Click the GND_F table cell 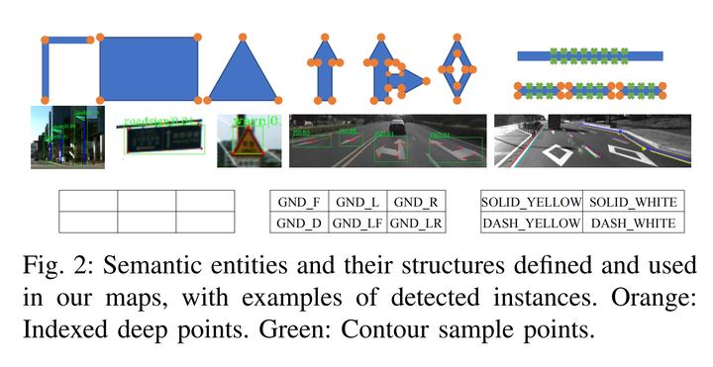coord(298,203)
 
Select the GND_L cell coord(356,203)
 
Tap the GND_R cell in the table coord(415,203)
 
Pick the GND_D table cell coord(298,223)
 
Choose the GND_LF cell coord(356,223)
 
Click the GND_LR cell coord(415,223)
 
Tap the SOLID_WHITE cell coord(634,203)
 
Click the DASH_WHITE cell coord(634,223)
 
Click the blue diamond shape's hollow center coord(457,70)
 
